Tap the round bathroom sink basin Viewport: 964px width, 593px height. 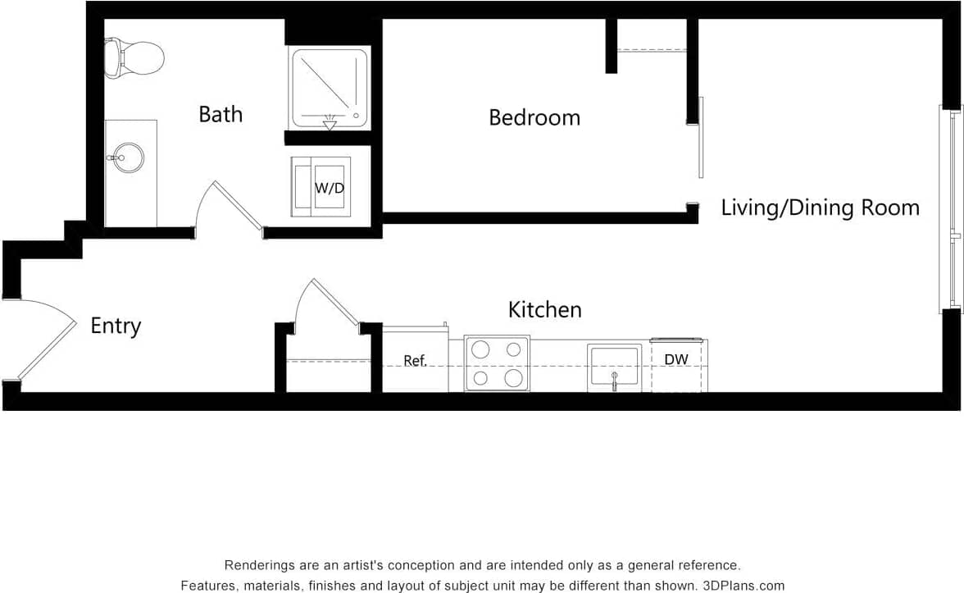click(129, 157)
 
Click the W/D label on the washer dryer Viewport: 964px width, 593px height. click(330, 188)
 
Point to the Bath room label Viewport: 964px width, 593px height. click(221, 114)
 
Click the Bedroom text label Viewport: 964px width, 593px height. click(534, 117)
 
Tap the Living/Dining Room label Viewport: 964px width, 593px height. click(820, 208)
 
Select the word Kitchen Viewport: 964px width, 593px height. click(545, 310)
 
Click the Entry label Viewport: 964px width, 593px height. click(116, 326)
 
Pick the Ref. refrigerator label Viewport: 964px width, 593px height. click(416, 361)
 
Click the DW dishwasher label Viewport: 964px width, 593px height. click(676, 359)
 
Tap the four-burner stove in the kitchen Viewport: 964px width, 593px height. click(497, 363)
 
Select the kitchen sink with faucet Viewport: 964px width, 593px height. click(614, 367)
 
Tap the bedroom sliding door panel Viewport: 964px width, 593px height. click(701, 137)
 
